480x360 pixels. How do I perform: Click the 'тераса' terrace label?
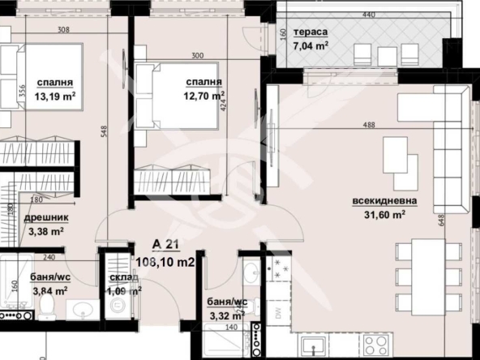[311, 32]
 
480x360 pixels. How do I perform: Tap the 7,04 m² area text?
[311, 46]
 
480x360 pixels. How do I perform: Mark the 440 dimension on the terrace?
[369, 15]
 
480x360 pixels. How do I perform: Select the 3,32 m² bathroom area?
[226, 315]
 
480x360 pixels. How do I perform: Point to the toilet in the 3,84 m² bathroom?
[47, 306]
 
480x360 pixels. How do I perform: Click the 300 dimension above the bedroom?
[197, 55]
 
